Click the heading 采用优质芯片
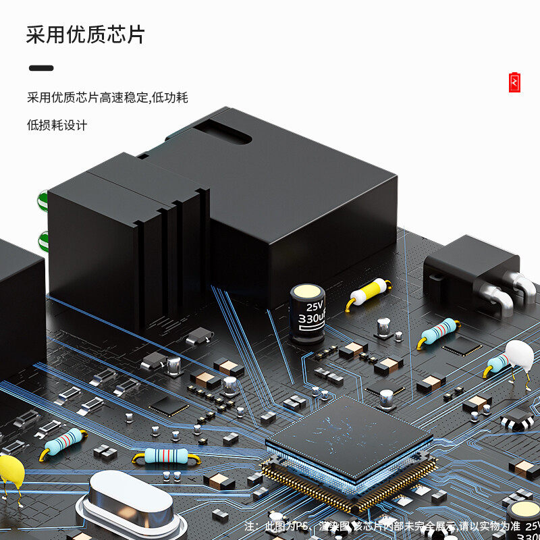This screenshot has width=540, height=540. coord(85,34)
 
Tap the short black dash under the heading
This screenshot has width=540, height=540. coord(41,68)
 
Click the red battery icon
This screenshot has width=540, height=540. coord(515,82)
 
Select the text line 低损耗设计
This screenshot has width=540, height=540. coord(57,125)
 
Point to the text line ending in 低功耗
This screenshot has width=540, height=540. coord(107,97)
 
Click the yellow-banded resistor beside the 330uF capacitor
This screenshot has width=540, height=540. coord(369,293)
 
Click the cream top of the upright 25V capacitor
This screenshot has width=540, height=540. coord(308,292)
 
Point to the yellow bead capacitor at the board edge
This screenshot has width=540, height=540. coord(9,470)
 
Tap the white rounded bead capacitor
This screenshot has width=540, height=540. coord(518,355)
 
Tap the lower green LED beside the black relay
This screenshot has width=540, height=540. coord(44,240)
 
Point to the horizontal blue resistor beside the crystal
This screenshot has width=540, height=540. coord(166,456)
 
